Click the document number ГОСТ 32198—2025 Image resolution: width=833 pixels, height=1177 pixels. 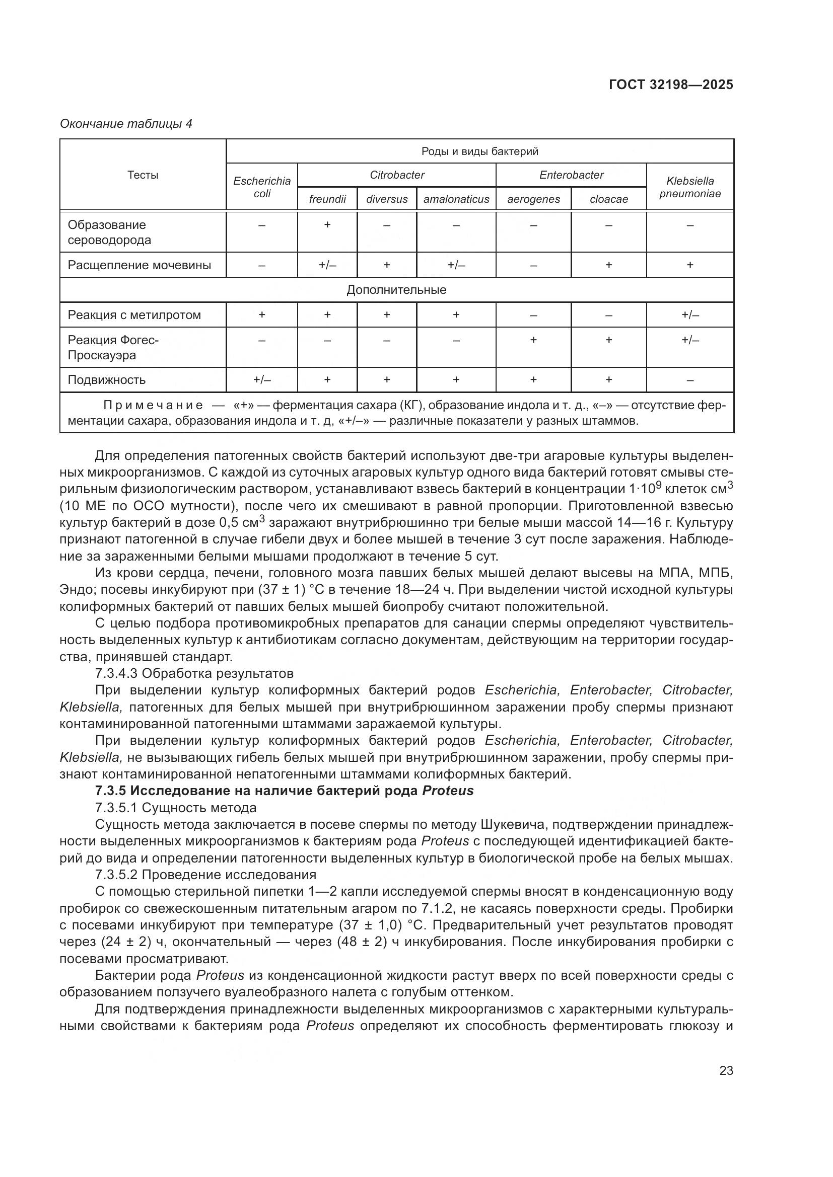click(671, 85)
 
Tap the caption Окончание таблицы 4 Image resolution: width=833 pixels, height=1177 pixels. click(126, 124)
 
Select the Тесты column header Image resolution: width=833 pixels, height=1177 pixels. click(143, 175)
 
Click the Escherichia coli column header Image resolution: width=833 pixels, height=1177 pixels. click(261, 187)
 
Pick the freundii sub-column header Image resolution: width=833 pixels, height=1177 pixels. click(327, 199)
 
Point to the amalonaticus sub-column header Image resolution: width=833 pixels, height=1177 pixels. click(456, 199)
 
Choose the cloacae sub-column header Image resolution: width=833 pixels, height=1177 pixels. click(608, 199)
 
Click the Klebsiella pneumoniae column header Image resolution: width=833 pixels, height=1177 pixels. click(690, 187)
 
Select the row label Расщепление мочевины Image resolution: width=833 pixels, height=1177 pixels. click(140, 265)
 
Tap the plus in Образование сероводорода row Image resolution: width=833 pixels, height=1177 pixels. click(327, 224)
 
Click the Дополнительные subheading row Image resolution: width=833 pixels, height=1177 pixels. click(396, 290)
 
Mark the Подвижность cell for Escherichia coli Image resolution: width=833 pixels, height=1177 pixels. click(261, 380)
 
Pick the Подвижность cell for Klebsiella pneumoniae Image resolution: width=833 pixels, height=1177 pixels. click(690, 380)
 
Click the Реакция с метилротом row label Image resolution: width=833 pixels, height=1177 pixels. click(134, 315)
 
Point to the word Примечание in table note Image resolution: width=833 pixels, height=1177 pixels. click(153, 406)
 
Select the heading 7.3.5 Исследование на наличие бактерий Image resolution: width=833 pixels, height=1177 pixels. click(284, 791)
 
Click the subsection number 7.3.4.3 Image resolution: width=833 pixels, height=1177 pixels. click(116, 673)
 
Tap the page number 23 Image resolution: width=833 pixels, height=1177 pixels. click(726, 1070)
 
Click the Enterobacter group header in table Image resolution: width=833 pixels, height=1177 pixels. click(571, 175)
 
